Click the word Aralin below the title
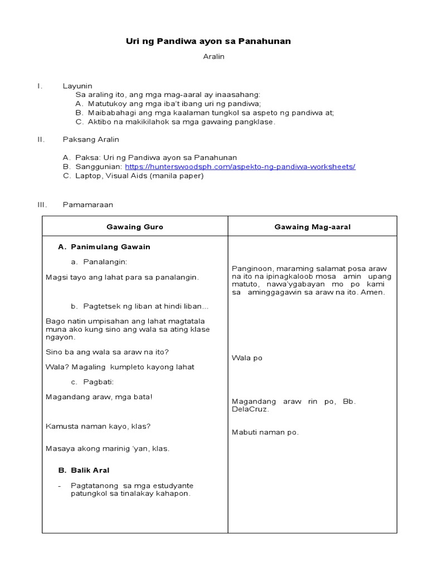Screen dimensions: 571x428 213,57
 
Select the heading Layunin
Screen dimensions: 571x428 77,86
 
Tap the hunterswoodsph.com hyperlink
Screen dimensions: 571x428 240,167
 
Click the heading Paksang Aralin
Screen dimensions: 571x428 90,139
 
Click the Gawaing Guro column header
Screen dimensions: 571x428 135,227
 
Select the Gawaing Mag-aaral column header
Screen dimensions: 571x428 312,227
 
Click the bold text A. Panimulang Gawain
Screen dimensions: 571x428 104,246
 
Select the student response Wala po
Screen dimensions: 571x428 247,358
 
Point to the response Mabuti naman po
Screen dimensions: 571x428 265,432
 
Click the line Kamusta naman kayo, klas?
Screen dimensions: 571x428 98,426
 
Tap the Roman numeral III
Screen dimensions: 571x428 41,205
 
